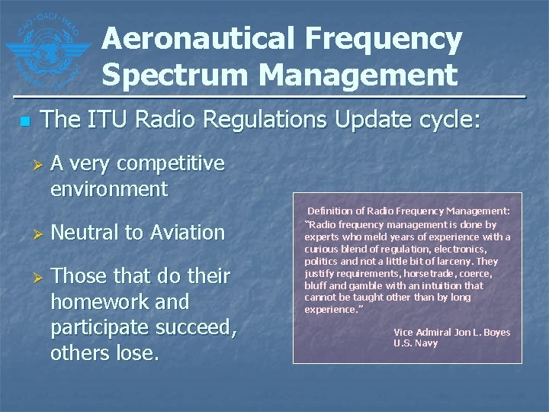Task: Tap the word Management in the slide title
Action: pos(358,75)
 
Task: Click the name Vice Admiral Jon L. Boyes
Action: pos(451,332)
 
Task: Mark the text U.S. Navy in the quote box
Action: pos(416,343)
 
